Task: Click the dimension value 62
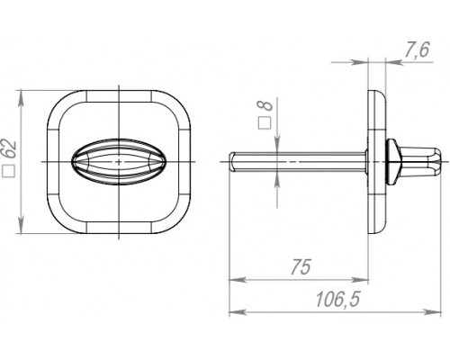pos(10,149)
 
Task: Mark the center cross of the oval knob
pos(120,160)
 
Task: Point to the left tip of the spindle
pos(232,160)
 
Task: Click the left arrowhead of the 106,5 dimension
pos(234,312)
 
